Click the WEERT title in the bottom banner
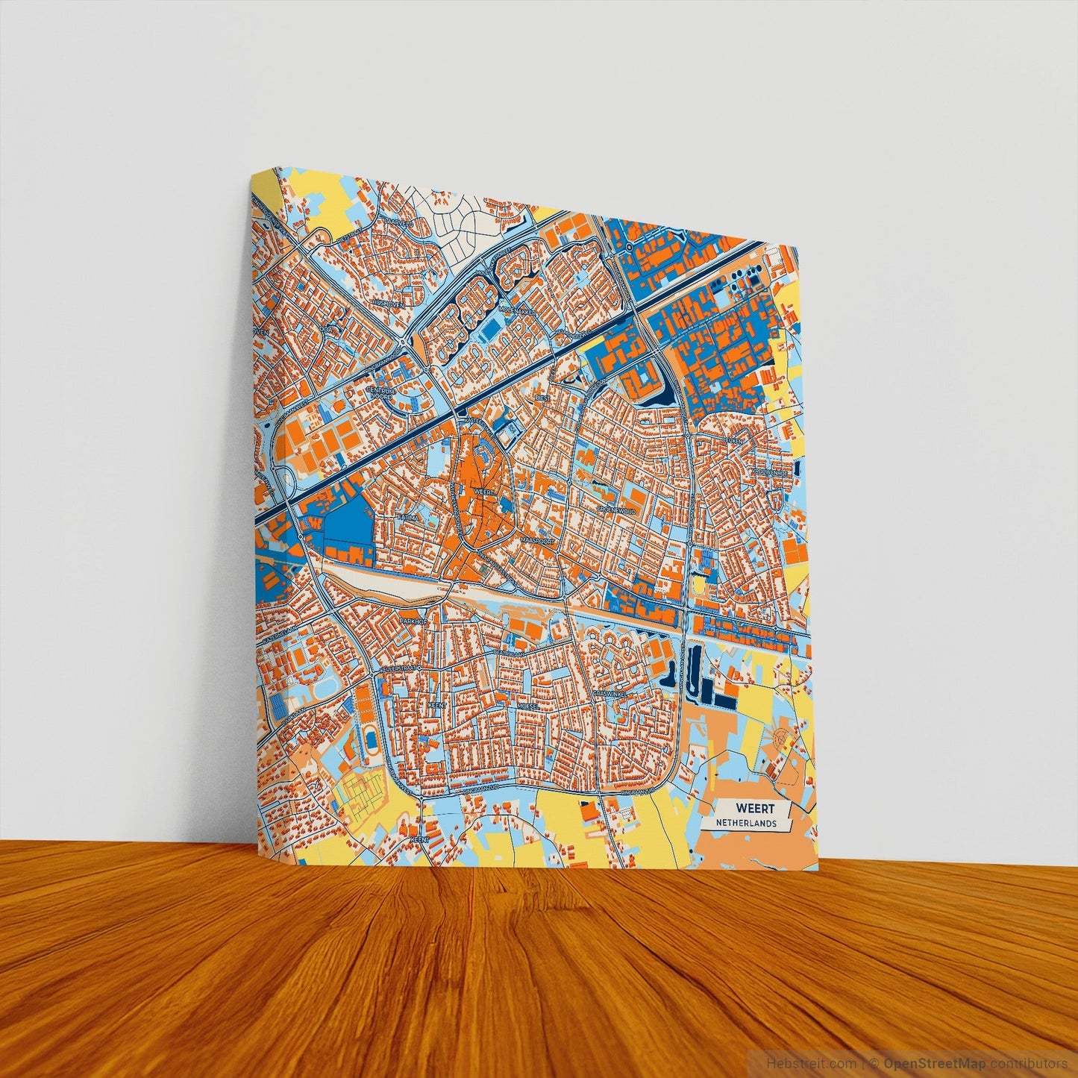coord(755,808)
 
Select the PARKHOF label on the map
coord(413,620)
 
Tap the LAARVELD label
coord(399,222)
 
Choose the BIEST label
coord(542,399)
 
